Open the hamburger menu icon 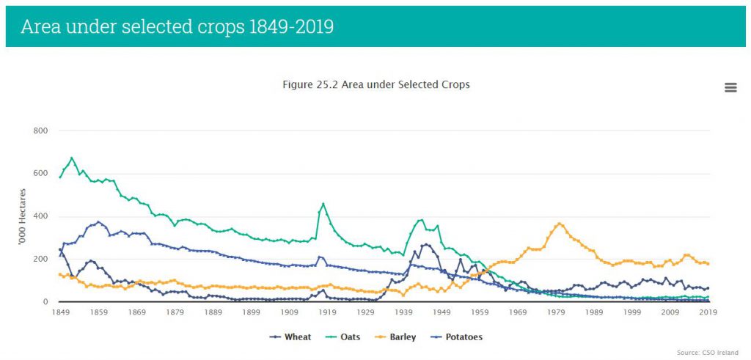tap(730, 88)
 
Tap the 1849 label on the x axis tap(60, 312)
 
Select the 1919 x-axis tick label tap(327, 312)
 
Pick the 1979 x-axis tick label tap(556, 312)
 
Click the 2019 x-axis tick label tap(708, 312)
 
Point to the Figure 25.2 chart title tap(375, 84)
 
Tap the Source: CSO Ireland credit tap(708, 353)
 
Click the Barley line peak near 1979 tap(560, 224)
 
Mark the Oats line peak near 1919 tap(323, 203)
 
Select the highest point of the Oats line tap(71, 158)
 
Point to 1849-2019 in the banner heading tap(292, 27)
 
